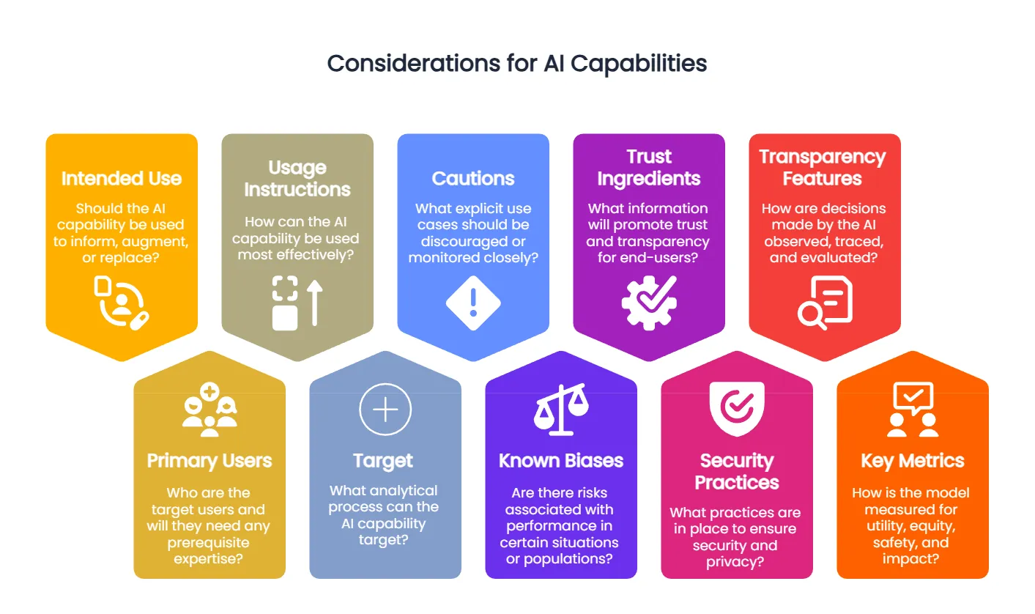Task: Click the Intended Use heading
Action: pyautogui.click(x=122, y=179)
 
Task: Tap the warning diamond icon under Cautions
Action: pyautogui.click(x=473, y=303)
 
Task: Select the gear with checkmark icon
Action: pyautogui.click(x=649, y=303)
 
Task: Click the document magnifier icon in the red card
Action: pyautogui.click(x=825, y=303)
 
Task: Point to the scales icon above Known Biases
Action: pyautogui.click(x=561, y=410)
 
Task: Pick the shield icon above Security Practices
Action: pyautogui.click(x=737, y=409)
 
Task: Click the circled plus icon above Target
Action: pyautogui.click(x=385, y=409)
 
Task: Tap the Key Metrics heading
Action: pyautogui.click(x=913, y=461)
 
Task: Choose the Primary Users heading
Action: pyautogui.click(x=209, y=461)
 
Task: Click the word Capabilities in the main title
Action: pyautogui.click(x=639, y=63)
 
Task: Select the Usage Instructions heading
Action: pyautogui.click(x=297, y=179)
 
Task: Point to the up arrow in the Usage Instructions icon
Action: pyautogui.click(x=315, y=303)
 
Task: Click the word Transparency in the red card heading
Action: pyautogui.click(x=823, y=157)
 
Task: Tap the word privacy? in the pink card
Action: pyautogui.click(x=735, y=562)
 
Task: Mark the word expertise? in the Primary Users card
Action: pyautogui.click(x=208, y=559)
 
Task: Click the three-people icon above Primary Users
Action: pyautogui.click(x=209, y=410)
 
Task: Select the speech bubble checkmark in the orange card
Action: pyautogui.click(x=913, y=398)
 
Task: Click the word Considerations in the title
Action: pyautogui.click(x=414, y=63)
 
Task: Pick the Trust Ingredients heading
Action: pyautogui.click(x=649, y=167)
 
